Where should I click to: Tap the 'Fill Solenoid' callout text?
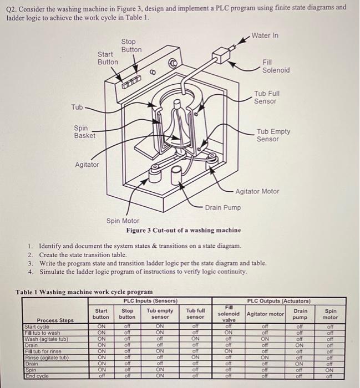click(x=276, y=67)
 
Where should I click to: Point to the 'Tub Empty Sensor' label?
click(x=272, y=135)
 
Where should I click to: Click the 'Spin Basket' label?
click(x=84, y=132)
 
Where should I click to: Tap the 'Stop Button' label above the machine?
click(x=131, y=45)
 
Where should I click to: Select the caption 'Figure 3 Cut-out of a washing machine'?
click(x=183, y=230)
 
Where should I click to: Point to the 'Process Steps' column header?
click(x=54, y=320)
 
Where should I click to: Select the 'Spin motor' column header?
click(x=330, y=314)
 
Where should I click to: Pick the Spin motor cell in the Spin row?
click(x=330, y=369)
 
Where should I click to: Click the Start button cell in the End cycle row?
click(x=102, y=375)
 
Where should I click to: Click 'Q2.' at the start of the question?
click(x=13, y=8)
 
